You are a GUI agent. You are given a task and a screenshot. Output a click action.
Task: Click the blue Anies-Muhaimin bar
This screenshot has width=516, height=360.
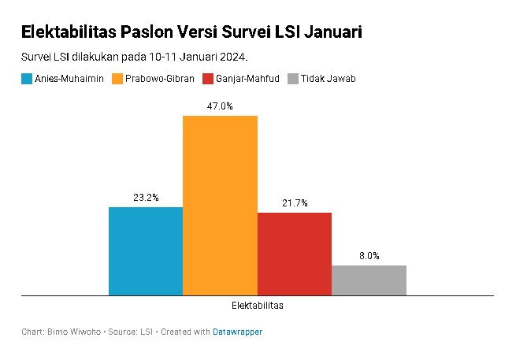146,251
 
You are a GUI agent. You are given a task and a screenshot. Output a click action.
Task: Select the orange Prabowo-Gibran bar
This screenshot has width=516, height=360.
221,206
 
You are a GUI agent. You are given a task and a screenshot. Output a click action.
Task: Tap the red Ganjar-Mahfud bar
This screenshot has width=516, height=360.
295,254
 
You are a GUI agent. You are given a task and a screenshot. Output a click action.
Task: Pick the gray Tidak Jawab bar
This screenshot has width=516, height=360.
369,280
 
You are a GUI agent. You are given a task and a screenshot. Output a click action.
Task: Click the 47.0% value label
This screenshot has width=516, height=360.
220,106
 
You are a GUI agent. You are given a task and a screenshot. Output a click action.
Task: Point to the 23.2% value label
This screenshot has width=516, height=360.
146,198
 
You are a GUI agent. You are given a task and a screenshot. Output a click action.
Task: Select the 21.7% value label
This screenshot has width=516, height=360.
295,203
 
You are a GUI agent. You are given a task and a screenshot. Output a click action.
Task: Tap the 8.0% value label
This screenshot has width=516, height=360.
369,256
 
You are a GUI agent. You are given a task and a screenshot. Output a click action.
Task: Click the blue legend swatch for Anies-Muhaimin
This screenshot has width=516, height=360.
27,79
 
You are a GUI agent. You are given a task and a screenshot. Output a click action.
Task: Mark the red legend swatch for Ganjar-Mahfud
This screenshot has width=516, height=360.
208,79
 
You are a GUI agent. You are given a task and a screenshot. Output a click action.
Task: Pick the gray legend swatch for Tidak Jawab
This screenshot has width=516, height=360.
293,79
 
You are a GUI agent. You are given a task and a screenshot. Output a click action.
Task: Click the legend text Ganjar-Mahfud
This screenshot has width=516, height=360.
247,79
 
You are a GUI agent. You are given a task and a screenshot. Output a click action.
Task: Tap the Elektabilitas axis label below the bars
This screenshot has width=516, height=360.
258,305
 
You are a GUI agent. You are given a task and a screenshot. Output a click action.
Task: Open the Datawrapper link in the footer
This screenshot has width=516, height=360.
237,332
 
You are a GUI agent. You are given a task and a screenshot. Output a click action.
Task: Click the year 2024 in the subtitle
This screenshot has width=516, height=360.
233,58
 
